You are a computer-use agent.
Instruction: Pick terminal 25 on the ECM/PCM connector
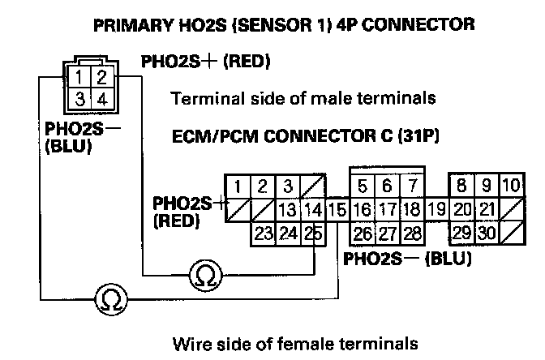(314, 234)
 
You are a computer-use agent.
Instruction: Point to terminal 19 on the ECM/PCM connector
(436, 210)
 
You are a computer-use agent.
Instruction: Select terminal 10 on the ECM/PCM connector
(511, 186)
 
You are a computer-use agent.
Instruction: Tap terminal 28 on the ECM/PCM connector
(413, 234)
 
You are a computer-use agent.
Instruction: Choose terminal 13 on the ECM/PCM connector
(287, 210)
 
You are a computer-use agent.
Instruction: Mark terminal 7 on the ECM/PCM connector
(413, 186)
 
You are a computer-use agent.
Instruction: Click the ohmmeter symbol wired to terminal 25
(207, 276)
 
